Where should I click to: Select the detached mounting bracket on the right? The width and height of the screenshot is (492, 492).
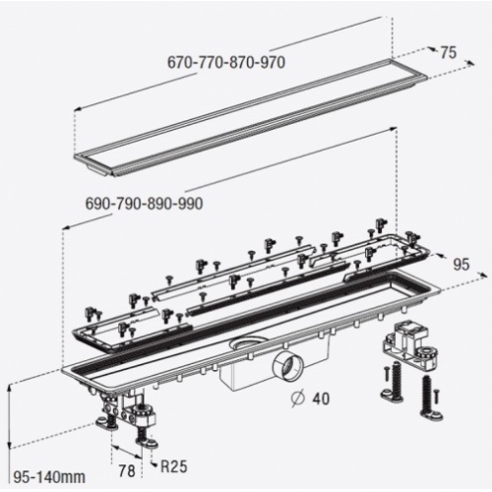click(x=410, y=342)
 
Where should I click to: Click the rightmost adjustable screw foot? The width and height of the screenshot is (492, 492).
click(x=429, y=396)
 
